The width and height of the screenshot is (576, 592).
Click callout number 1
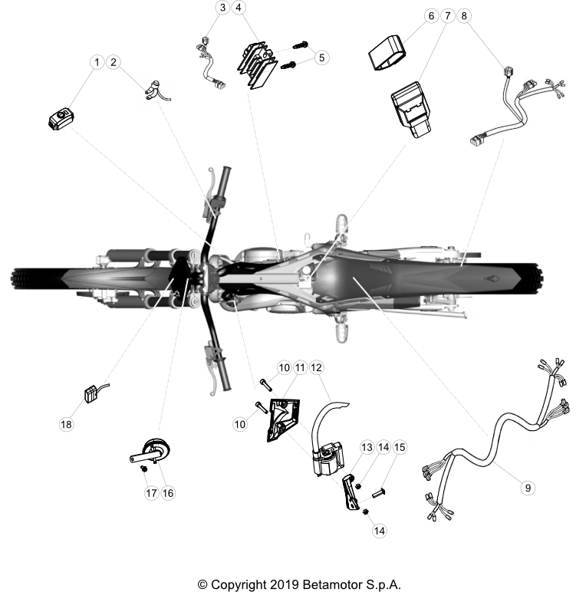point(97,62)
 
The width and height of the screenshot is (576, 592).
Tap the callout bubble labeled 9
point(528,488)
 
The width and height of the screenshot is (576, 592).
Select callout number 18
point(66,424)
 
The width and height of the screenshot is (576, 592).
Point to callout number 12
point(316,367)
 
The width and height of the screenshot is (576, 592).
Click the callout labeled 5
point(321,58)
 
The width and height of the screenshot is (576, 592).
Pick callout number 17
point(151,493)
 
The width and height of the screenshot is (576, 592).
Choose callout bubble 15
point(400,447)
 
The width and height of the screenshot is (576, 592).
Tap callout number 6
point(431,16)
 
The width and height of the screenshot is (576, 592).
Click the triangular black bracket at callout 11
point(282,419)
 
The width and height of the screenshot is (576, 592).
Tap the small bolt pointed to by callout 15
point(378,493)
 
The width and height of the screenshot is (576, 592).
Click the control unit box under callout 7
point(411,110)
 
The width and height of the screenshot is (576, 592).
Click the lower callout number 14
point(379,531)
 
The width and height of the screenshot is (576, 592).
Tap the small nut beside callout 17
point(143,469)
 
